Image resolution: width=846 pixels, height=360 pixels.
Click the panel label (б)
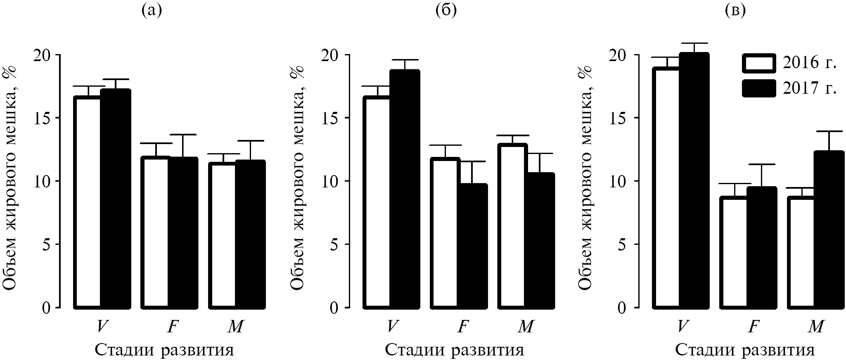click(x=446, y=10)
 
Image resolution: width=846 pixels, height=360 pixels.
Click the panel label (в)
click(x=735, y=10)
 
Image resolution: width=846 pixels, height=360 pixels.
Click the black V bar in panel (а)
click(x=116, y=198)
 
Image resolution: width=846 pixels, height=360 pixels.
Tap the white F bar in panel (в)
click(x=734, y=252)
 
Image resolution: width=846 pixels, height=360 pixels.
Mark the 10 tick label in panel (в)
click(x=619, y=181)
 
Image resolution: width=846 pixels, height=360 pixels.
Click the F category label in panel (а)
click(x=172, y=327)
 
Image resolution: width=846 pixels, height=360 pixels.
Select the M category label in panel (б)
click(x=525, y=327)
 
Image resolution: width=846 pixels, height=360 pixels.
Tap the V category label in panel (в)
click(x=682, y=327)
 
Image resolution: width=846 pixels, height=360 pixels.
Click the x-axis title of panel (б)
click(x=455, y=350)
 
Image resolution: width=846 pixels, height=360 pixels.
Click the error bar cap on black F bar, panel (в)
click(x=762, y=164)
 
